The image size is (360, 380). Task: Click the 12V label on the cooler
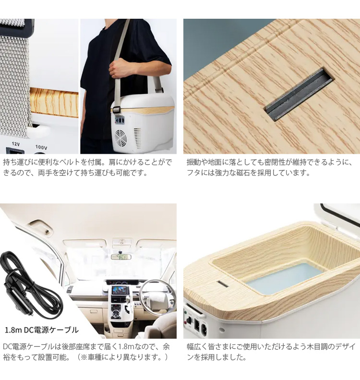(15, 144)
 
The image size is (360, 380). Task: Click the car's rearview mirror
(121, 257)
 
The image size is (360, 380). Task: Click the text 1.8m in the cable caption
(14, 330)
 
